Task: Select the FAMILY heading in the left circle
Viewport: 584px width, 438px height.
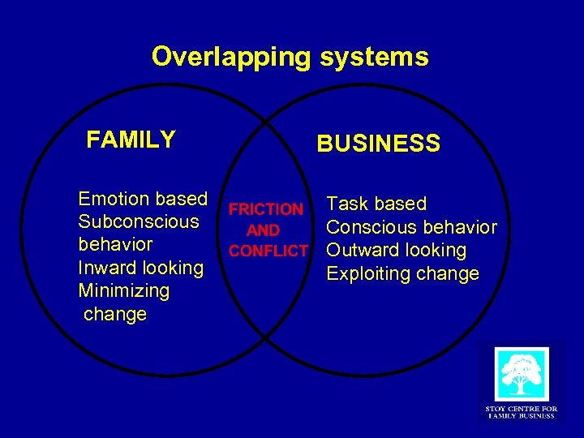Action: click(x=131, y=140)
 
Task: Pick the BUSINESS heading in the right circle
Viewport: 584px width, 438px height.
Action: click(x=378, y=144)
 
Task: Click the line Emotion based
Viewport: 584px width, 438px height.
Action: click(x=143, y=199)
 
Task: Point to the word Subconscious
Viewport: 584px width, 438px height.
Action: click(x=138, y=221)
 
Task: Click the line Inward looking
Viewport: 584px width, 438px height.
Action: click(x=140, y=268)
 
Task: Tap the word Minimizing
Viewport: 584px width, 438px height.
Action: click(x=123, y=290)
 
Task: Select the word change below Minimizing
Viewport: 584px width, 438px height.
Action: click(x=115, y=314)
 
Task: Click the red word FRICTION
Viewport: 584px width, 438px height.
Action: click(x=265, y=210)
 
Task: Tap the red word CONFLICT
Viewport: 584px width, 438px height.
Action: click(x=268, y=251)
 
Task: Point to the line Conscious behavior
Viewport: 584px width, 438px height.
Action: click(x=411, y=227)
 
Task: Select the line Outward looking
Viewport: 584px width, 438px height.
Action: click(x=396, y=251)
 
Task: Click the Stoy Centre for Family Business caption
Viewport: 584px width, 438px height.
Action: click(x=521, y=411)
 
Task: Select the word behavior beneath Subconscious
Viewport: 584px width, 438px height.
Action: click(x=115, y=245)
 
